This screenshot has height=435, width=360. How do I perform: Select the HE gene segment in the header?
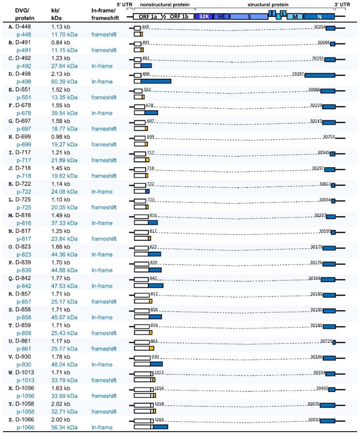(222, 16)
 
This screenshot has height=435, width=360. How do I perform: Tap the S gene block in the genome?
(249, 16)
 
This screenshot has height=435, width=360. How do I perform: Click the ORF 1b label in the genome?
(180, 16)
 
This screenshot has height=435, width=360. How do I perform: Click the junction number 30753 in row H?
(329, 136)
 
